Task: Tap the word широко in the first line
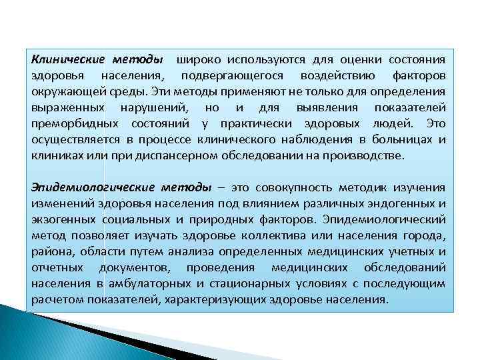(198, 59)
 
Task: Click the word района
(51, 251)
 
